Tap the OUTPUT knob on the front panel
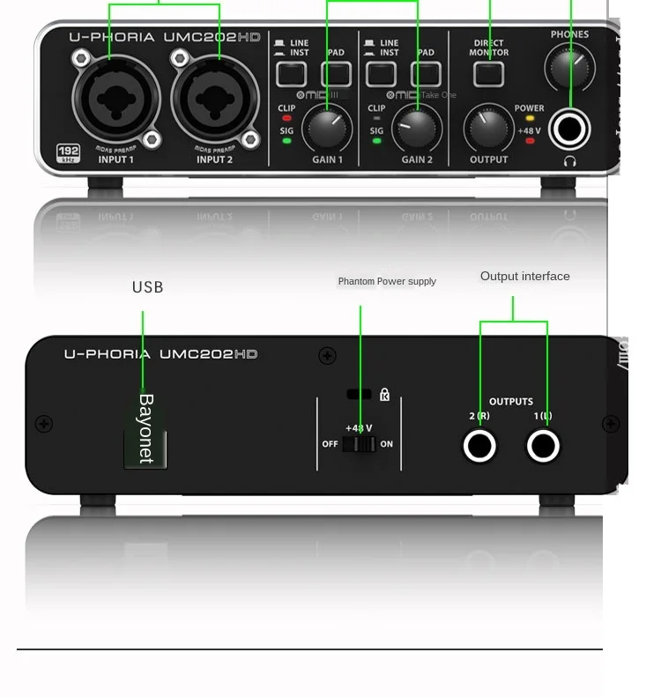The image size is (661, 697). tap(488, 130)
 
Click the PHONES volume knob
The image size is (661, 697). tap(569, 63)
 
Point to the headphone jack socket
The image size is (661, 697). tap(569, 130)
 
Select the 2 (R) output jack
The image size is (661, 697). tap(479, 447)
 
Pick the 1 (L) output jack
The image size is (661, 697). tap(543, 447)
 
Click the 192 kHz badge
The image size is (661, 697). tap(68, 152)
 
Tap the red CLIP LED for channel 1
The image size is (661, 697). tap(286, 119)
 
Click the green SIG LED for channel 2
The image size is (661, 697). tap(377, 141)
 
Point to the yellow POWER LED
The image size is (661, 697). tap(530, 118)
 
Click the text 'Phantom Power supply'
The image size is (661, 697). tap(387, 281)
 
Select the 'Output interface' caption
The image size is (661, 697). tap(524, 276)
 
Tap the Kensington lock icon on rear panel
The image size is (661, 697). tap(384, 395)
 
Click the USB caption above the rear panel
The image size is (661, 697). tap(147, 287)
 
